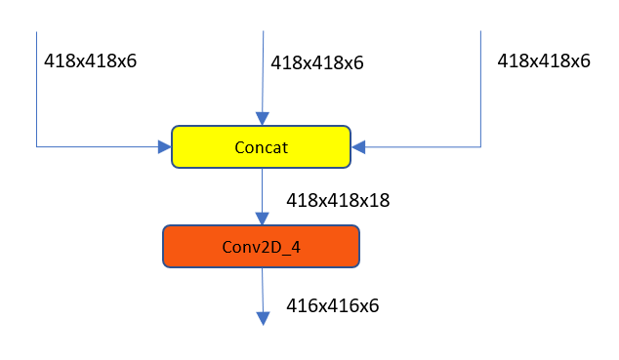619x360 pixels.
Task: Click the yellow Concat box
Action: pos(261,146)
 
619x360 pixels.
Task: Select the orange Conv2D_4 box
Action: pos(261,246)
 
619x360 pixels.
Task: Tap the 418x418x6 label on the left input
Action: pos(90,60)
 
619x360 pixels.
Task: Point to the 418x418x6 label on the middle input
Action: pos(316,62)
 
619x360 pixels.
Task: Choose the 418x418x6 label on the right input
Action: pos(544,60)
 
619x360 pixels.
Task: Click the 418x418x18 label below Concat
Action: pos(338,200)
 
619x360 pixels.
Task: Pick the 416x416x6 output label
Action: pos(332,305)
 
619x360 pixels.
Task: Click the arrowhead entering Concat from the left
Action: pos(164,147)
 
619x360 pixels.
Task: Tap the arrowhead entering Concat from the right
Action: pos(358,147)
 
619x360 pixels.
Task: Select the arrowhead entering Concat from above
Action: pos(262,118)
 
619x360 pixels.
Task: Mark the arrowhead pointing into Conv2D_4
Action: pos(262,218)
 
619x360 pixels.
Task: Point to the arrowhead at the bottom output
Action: pos(262,317)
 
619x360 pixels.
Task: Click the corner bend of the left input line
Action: pos(37,147)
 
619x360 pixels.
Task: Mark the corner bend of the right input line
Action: pos(480,147)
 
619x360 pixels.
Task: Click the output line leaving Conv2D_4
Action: pos(262,287)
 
